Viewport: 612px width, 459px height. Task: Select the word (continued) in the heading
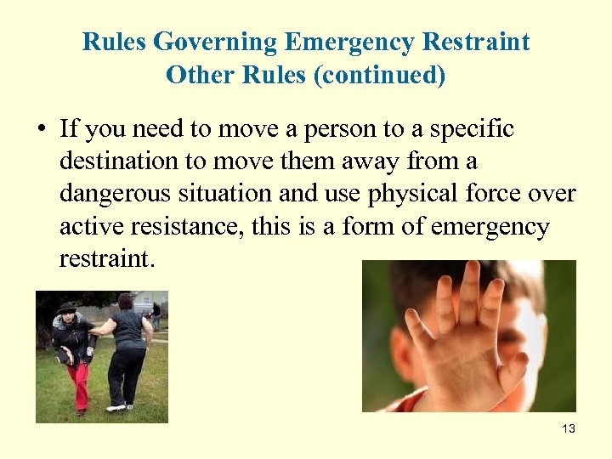(x=379, y=75)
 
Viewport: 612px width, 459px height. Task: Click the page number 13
(x=569, y=428)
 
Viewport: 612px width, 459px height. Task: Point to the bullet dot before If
(x=40, y=130)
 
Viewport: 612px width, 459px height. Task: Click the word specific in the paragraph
(x=472, y=130)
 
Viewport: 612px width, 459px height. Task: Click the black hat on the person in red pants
(x=65, y=307)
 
